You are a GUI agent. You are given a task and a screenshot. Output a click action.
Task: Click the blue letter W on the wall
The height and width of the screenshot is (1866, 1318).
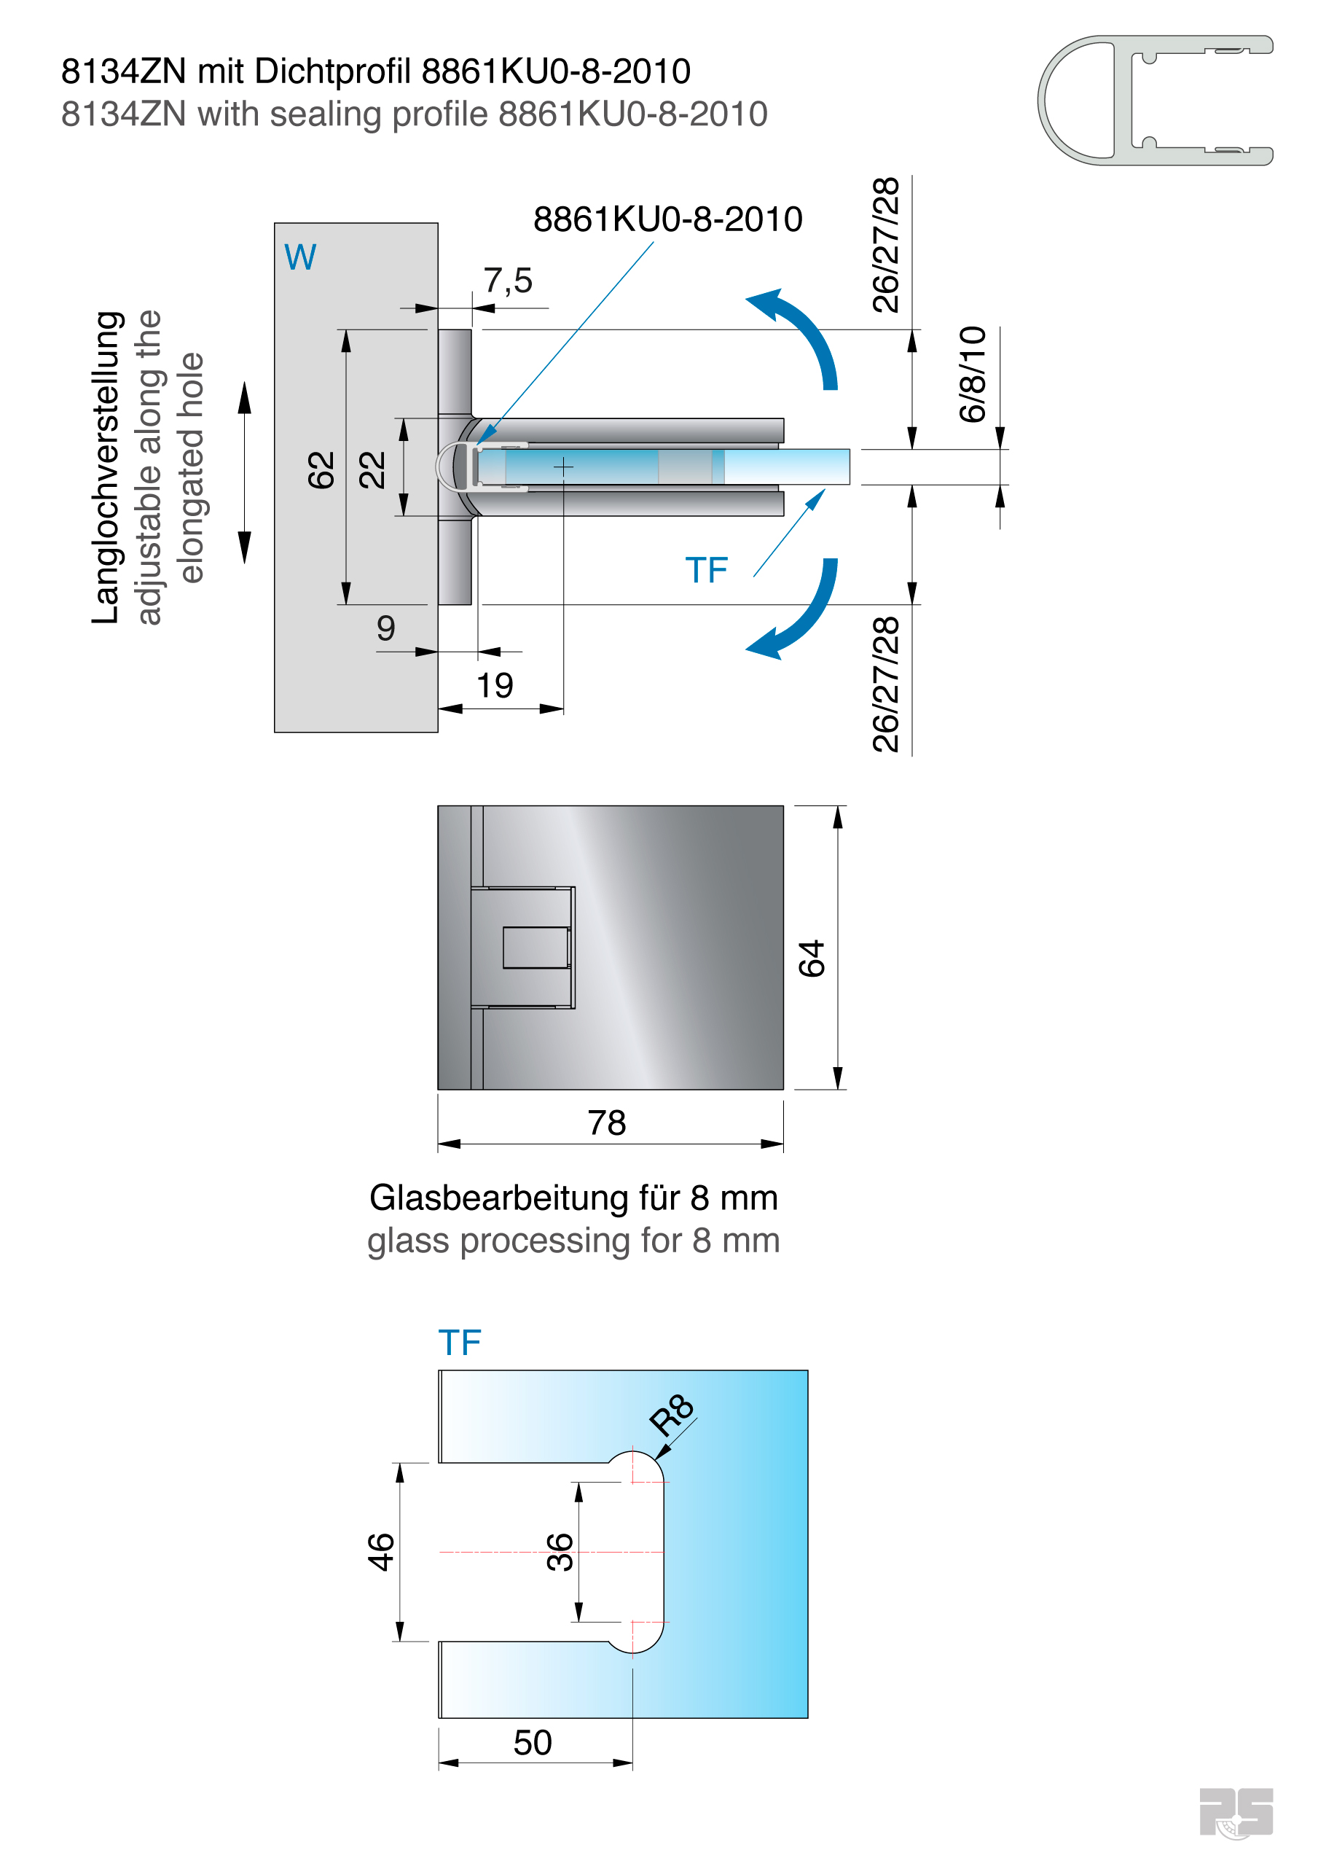[300, 257]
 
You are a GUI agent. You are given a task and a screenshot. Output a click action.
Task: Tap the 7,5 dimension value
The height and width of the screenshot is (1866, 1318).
[508, 281]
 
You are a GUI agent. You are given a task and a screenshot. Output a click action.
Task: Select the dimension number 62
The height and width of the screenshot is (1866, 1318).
[322, 469]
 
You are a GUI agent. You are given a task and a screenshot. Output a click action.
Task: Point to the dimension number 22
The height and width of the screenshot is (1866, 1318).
[372, 469]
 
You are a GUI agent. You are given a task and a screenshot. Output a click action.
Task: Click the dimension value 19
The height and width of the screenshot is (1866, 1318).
[495, 685]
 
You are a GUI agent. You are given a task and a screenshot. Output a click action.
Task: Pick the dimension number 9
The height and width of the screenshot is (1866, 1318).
[386, 628]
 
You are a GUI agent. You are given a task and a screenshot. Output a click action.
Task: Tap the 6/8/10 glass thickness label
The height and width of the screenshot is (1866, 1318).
[972, 374]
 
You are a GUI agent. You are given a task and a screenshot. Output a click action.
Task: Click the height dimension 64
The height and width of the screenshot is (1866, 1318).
[811, 959]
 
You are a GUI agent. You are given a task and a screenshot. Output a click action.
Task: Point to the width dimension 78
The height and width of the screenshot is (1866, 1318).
[607, 1123]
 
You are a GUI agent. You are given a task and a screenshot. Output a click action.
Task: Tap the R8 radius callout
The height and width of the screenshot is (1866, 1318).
[671, 1414]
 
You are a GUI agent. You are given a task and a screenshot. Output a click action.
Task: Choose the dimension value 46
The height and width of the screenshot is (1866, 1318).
[380, 1552]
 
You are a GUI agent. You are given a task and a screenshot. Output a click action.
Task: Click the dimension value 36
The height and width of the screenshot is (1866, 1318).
[560, 1552]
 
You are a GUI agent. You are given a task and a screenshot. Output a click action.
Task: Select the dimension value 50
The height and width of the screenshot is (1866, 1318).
[533, 1743]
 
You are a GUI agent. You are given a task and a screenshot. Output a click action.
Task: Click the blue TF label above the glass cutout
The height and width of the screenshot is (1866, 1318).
[459, 1343]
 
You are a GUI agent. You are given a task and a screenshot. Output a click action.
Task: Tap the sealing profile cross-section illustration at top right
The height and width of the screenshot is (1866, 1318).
[1155, 100]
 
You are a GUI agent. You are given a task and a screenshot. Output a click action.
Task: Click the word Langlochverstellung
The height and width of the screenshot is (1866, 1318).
[106, 467]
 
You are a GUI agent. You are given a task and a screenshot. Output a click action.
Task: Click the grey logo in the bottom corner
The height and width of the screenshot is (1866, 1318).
[1236, 1812]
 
